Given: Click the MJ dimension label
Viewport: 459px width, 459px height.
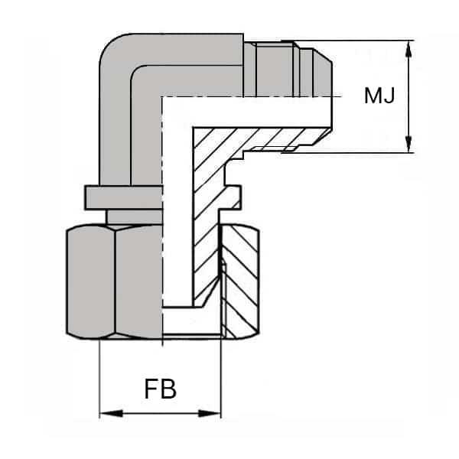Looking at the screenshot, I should (379, 96).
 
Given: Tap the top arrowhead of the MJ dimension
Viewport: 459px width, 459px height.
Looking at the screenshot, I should (411, 46).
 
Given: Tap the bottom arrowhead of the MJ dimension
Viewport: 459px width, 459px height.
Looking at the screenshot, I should (411, 146).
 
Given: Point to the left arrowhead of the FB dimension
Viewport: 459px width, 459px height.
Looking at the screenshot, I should (106, 414).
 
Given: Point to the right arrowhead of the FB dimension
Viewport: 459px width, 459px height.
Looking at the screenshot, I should (214, 414).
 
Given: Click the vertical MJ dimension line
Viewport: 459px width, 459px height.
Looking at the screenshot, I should (411, 96).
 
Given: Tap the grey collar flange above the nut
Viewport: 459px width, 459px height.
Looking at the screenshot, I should (122, 196).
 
